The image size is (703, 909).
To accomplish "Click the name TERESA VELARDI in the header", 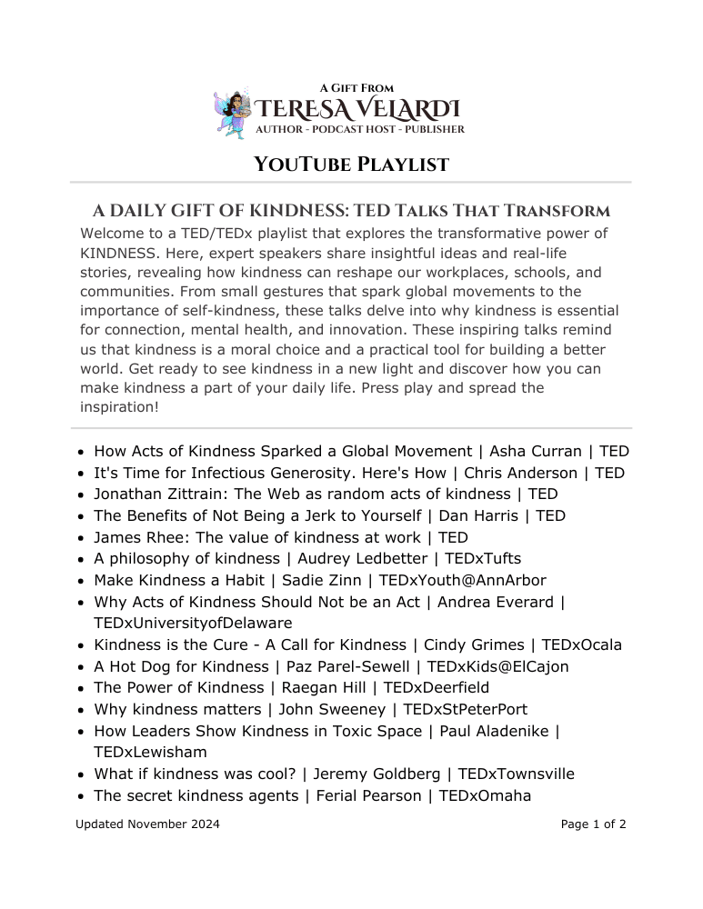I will [357, 110].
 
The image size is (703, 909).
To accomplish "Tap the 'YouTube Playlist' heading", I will [351, 165].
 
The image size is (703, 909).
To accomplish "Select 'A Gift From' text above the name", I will [357, 88].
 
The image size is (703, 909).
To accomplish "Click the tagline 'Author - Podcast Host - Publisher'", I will [359, 130].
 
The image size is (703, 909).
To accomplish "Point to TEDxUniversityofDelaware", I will [193, 624].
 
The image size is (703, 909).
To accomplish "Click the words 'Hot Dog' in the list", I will [139, 666].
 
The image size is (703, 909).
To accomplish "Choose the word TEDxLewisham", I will [150, 753].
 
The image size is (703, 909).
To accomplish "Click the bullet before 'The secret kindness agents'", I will [82, 797].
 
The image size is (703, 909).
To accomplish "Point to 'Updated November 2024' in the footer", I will [147, 825].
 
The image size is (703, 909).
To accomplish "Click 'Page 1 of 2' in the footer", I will [593, 825].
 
